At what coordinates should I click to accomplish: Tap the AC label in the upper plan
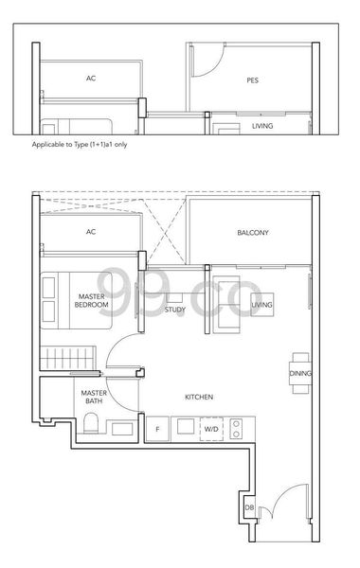(x=91, y=80)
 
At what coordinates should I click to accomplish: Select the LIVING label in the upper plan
(x=263, y=125)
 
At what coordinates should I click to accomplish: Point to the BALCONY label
(x=253, y=232)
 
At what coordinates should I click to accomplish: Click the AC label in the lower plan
(x=91, y=232)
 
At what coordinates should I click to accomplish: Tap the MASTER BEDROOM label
(x=92, y=300)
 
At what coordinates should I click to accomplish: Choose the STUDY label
(x=174, y=309)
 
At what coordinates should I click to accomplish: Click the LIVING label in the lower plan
(x=262, y=304)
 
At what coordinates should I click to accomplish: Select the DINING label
(x=300, y=374)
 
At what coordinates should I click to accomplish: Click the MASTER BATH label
(x=92, y=397)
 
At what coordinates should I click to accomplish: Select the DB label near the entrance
(x=248, y=510)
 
